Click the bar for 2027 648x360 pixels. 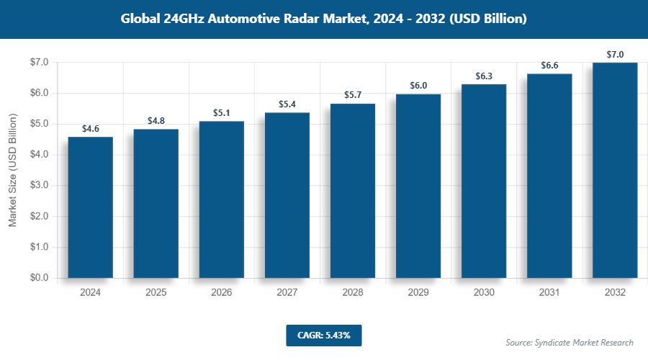(x=287, y=195)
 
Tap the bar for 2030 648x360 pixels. (x=484, y=181)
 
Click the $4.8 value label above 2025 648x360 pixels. (x=156, y=121)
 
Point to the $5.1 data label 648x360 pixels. (x=222, y=113)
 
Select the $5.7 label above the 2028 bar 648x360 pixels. (x=353, y=95)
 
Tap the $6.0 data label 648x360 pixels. (x=418, y=86)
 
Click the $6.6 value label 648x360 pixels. (x=549, y=66)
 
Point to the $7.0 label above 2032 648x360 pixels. (x=615, y=54)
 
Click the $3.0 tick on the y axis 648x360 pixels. (x=38, y=185)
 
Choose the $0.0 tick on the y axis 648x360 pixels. (x=38, y=278)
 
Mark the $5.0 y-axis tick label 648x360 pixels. (x=38, y=124)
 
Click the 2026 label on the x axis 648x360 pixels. (x=222, y=293)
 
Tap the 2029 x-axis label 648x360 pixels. (x=418, y=293)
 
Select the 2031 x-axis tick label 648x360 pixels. (x=549, y=293)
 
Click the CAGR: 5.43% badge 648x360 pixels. (x=323, y=336)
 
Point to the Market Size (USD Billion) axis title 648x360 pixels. (x=12, y=170)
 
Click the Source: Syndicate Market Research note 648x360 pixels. (x=569, y=343)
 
